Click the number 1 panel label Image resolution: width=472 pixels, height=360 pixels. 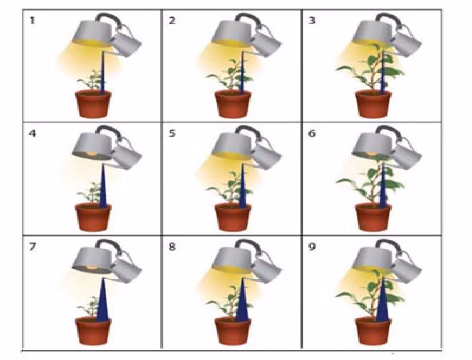click(x=32, y=21)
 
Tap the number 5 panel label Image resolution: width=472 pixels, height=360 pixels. click(x=172, y=133)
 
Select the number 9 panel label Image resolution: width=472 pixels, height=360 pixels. click(x=312, y=247)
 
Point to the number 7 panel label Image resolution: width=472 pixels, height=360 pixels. click(x=32, y=247)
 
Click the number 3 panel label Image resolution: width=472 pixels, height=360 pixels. click(x=312, y=21)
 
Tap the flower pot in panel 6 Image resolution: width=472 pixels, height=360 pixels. click(x=373, y=217)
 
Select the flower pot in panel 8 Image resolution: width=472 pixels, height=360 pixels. click(x=233, y=331)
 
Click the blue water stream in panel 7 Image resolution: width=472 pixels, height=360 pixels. click(x=103, y=299)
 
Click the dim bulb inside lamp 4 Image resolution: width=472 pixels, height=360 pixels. click(x=92, y=154)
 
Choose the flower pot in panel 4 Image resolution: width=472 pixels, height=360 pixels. click(x=93, y=217)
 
